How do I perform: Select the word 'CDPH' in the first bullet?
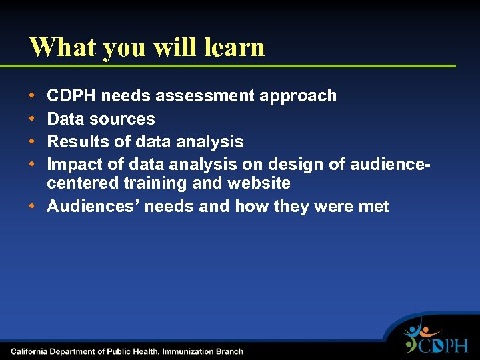coord(71,96)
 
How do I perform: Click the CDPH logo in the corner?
coord(436,339)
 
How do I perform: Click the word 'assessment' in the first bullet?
coord(213,96)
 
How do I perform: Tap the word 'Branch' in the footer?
coord(231,351)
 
